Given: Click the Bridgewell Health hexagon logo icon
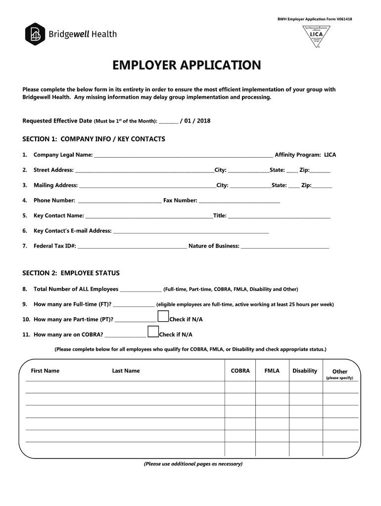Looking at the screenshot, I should pyautogui.click(x=35, y=34).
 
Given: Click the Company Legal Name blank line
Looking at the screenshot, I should pyautogui.click(x=183, y=156).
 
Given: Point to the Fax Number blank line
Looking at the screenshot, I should pyautogui.click(x=239, y=202).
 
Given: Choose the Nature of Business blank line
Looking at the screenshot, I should pyautogui.click(x=285, y=247).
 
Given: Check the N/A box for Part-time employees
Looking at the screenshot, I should pyautogui.click(x=163, y=317).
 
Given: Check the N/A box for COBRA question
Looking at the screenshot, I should pyautogui.click(x=153, y=332).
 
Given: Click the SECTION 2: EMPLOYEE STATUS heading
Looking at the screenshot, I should pyautogui.click(x=71, y=273).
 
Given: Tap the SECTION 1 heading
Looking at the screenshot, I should pyautogui.click(x=94, y=139).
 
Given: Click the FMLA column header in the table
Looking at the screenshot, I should pyautogui.click(x=272, y=371).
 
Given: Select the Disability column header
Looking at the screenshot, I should pyautogui.click(x=305, y=371).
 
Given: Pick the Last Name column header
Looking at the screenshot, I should pyautogui.click(x=126, y=371).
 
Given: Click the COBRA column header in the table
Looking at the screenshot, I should pyautogui.click(x=240, y=371).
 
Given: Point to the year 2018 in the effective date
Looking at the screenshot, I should pyautogui.click(x=203, y=121).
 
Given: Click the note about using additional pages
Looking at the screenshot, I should pyautogui.click(x=193, y=464).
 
